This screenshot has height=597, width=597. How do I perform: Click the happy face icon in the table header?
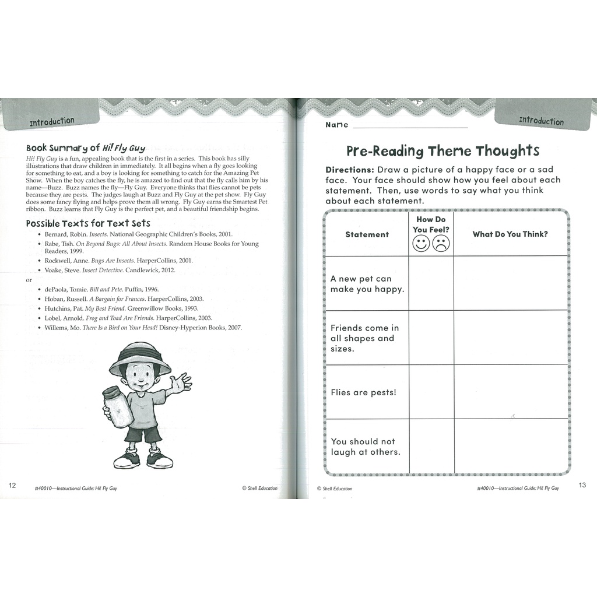[x=421, y=244]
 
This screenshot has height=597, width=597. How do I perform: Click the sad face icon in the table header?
[x=441, y=244]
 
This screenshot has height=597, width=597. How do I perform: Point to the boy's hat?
[x=139, y=357]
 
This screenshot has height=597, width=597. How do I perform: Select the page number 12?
[x=12, y=486]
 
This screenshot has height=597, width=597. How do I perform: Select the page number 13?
[x=582, y=486]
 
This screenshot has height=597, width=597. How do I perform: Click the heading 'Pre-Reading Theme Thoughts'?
[x=443, y=151]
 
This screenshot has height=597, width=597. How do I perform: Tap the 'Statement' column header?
[x=367, y=234]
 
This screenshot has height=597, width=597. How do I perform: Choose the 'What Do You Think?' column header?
[x=510, y=234]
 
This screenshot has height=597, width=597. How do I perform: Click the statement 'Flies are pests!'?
[x=363, y=392]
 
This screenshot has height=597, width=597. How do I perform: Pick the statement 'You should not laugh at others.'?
[x=366, y=447]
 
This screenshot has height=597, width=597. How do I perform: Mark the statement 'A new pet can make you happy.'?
[x=367, y=284]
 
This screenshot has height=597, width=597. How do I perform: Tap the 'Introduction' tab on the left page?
[x=52, y=121]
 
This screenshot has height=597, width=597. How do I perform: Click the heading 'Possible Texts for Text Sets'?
[x=88, y=223]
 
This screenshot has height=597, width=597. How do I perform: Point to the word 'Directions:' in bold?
[x=350, y=169]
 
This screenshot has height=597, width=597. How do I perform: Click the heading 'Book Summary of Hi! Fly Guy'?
[x=86, y=148]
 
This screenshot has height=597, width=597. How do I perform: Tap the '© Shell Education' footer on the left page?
[x=260, y=488]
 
